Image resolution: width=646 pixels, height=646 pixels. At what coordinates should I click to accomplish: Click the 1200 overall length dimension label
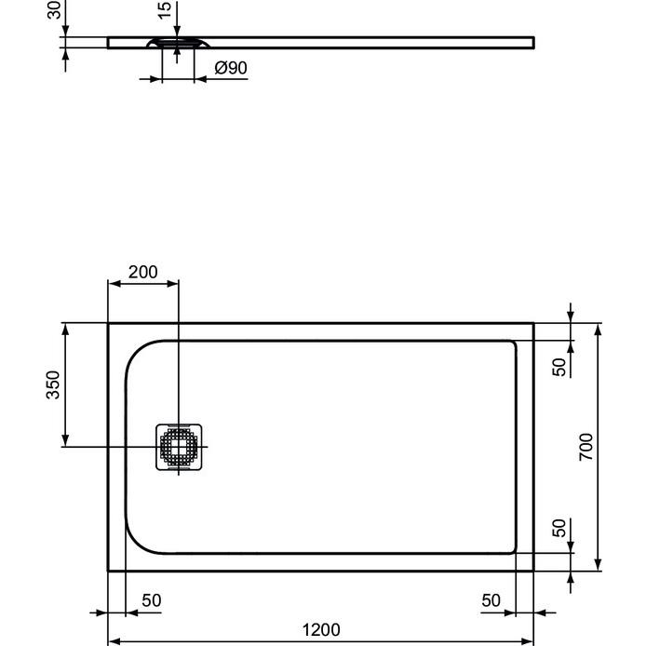[x=321, y=630]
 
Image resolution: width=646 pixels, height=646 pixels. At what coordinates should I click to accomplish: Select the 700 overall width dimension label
[x=586, y=448]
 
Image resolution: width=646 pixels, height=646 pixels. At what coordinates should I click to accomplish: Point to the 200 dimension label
[x=142, y=272]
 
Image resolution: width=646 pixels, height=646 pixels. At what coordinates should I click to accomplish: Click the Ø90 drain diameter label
[x=230, y=68]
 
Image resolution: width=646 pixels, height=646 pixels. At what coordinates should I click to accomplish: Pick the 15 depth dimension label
[x=165, y=11]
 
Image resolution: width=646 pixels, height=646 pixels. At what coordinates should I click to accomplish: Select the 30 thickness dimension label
[x=54, y=9]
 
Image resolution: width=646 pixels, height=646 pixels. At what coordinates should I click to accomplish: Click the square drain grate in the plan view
[x=178, y=446]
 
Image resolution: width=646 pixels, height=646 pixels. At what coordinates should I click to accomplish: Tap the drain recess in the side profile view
[x=176, y=43]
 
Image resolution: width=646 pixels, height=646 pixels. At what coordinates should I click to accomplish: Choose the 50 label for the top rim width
[x=559, y=366]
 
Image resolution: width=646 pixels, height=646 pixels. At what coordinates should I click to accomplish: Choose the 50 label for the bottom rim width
[x=559, y=528]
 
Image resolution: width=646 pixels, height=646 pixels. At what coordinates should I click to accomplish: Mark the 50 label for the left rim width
[x=151, y=600]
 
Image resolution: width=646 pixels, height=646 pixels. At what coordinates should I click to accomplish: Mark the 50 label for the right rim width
[x=491, y=600]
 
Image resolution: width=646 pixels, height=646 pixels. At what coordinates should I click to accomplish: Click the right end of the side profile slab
[x=532, y=42]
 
